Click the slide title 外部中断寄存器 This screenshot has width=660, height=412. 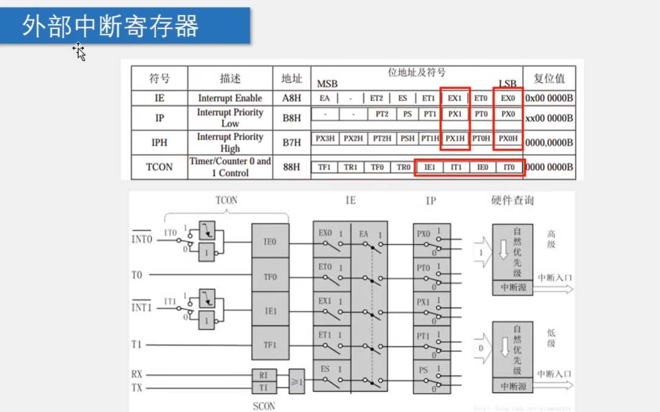[111, 27]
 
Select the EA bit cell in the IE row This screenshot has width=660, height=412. [325, 98]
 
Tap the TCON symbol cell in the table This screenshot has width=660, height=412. [159, 167]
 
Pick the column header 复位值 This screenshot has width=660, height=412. [549, 78]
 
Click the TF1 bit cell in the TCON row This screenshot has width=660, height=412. [325, 167]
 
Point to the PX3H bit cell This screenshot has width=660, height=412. [325, 139]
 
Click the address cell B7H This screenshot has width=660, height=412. [292, 142]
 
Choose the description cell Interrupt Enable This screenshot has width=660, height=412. [230, 98]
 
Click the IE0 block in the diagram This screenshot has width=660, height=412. [270, 241]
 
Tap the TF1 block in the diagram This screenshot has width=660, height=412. [270, 345]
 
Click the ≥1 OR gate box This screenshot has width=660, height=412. [297, 382]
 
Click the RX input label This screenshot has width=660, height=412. [137, 374]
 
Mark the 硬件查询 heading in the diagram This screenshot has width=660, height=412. [513, 201]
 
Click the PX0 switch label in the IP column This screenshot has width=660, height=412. [424, 234]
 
